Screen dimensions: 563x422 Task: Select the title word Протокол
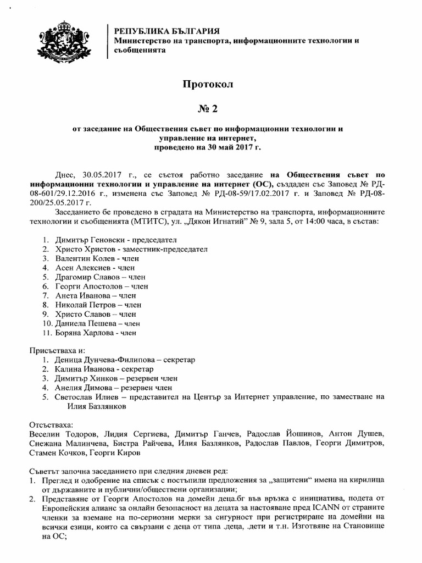208,84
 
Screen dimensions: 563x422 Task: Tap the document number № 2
208,108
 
